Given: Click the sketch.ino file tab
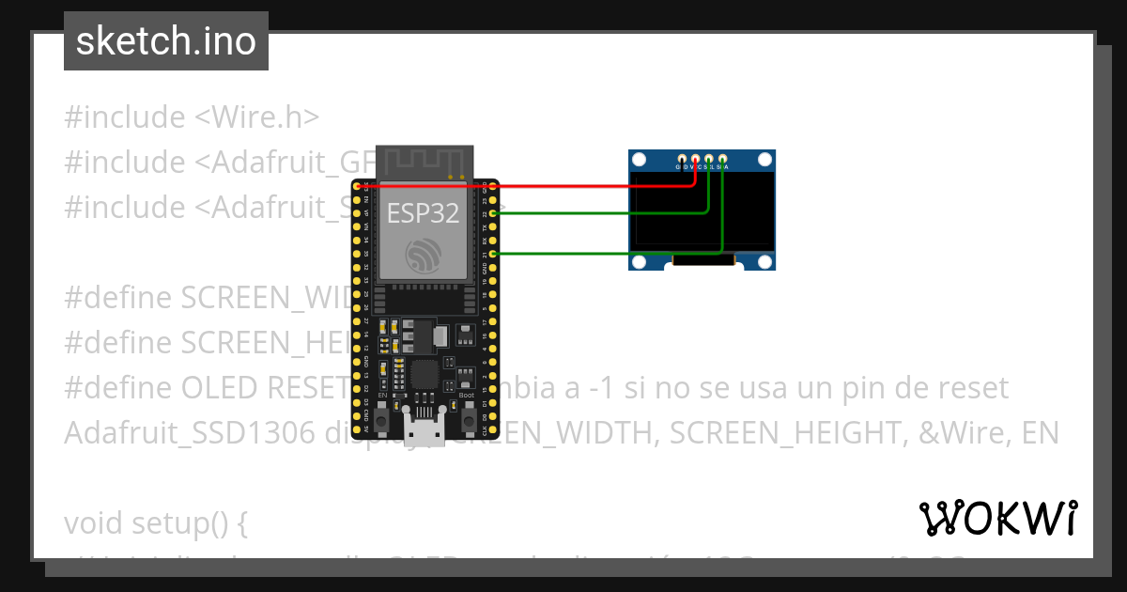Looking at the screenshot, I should [166, 41].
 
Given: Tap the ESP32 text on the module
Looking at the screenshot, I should [423, 213].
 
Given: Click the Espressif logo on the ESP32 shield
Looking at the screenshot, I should [424, 257].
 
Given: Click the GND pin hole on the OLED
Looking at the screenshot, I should [682, 158].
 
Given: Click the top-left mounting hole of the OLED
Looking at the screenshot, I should [640, 161].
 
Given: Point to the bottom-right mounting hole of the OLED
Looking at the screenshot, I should [765, 260].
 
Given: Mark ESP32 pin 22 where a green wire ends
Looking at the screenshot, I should [494, 213].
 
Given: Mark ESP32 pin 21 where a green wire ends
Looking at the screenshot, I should [494, 254].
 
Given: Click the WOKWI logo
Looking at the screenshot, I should [997, 518].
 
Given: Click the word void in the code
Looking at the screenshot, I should [94, 523].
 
